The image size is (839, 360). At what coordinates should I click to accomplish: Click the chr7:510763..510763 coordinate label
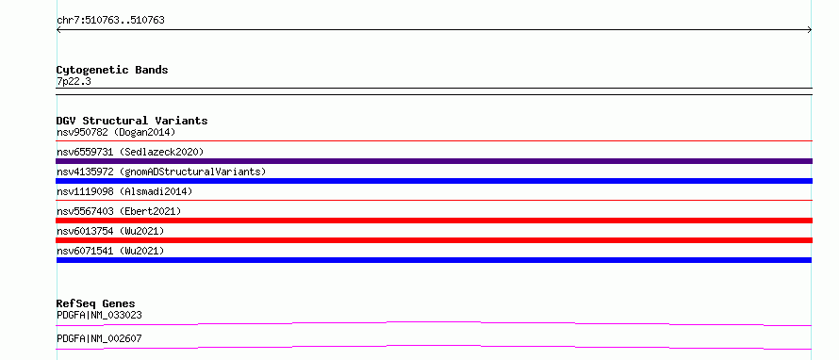point(110,21)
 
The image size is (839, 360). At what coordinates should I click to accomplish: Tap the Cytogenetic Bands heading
point(112,70)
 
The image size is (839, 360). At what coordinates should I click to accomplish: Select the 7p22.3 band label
point(70,81)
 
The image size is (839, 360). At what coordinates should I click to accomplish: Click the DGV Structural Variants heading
point(132,121)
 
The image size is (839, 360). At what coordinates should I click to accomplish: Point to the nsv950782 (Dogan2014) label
point(116,132)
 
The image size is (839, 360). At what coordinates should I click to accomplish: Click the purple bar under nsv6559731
point(434,161)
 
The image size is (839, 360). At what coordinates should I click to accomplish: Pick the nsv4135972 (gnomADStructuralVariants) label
point(161,172)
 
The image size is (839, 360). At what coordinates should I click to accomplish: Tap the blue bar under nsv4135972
point(434,181)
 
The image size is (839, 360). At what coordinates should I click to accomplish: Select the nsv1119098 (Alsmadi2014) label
point(124,191)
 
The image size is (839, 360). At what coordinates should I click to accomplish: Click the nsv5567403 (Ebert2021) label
point(119,211)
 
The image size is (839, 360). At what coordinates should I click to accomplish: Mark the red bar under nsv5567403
point(434,221)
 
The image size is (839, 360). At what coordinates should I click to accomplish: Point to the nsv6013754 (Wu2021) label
point(110,231)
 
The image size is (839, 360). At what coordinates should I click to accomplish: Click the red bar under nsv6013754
point(434,240)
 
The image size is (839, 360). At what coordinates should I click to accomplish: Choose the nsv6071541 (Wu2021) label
point(110,251)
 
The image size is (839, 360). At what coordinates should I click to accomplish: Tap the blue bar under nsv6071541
point(434,260)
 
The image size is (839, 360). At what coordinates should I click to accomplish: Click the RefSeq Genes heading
point(96,303)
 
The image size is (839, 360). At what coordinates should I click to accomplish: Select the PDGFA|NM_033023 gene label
point(100,315)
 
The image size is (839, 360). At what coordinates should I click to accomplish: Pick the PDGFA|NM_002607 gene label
point(100,338)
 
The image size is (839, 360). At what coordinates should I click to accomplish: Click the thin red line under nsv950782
point(434,140)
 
